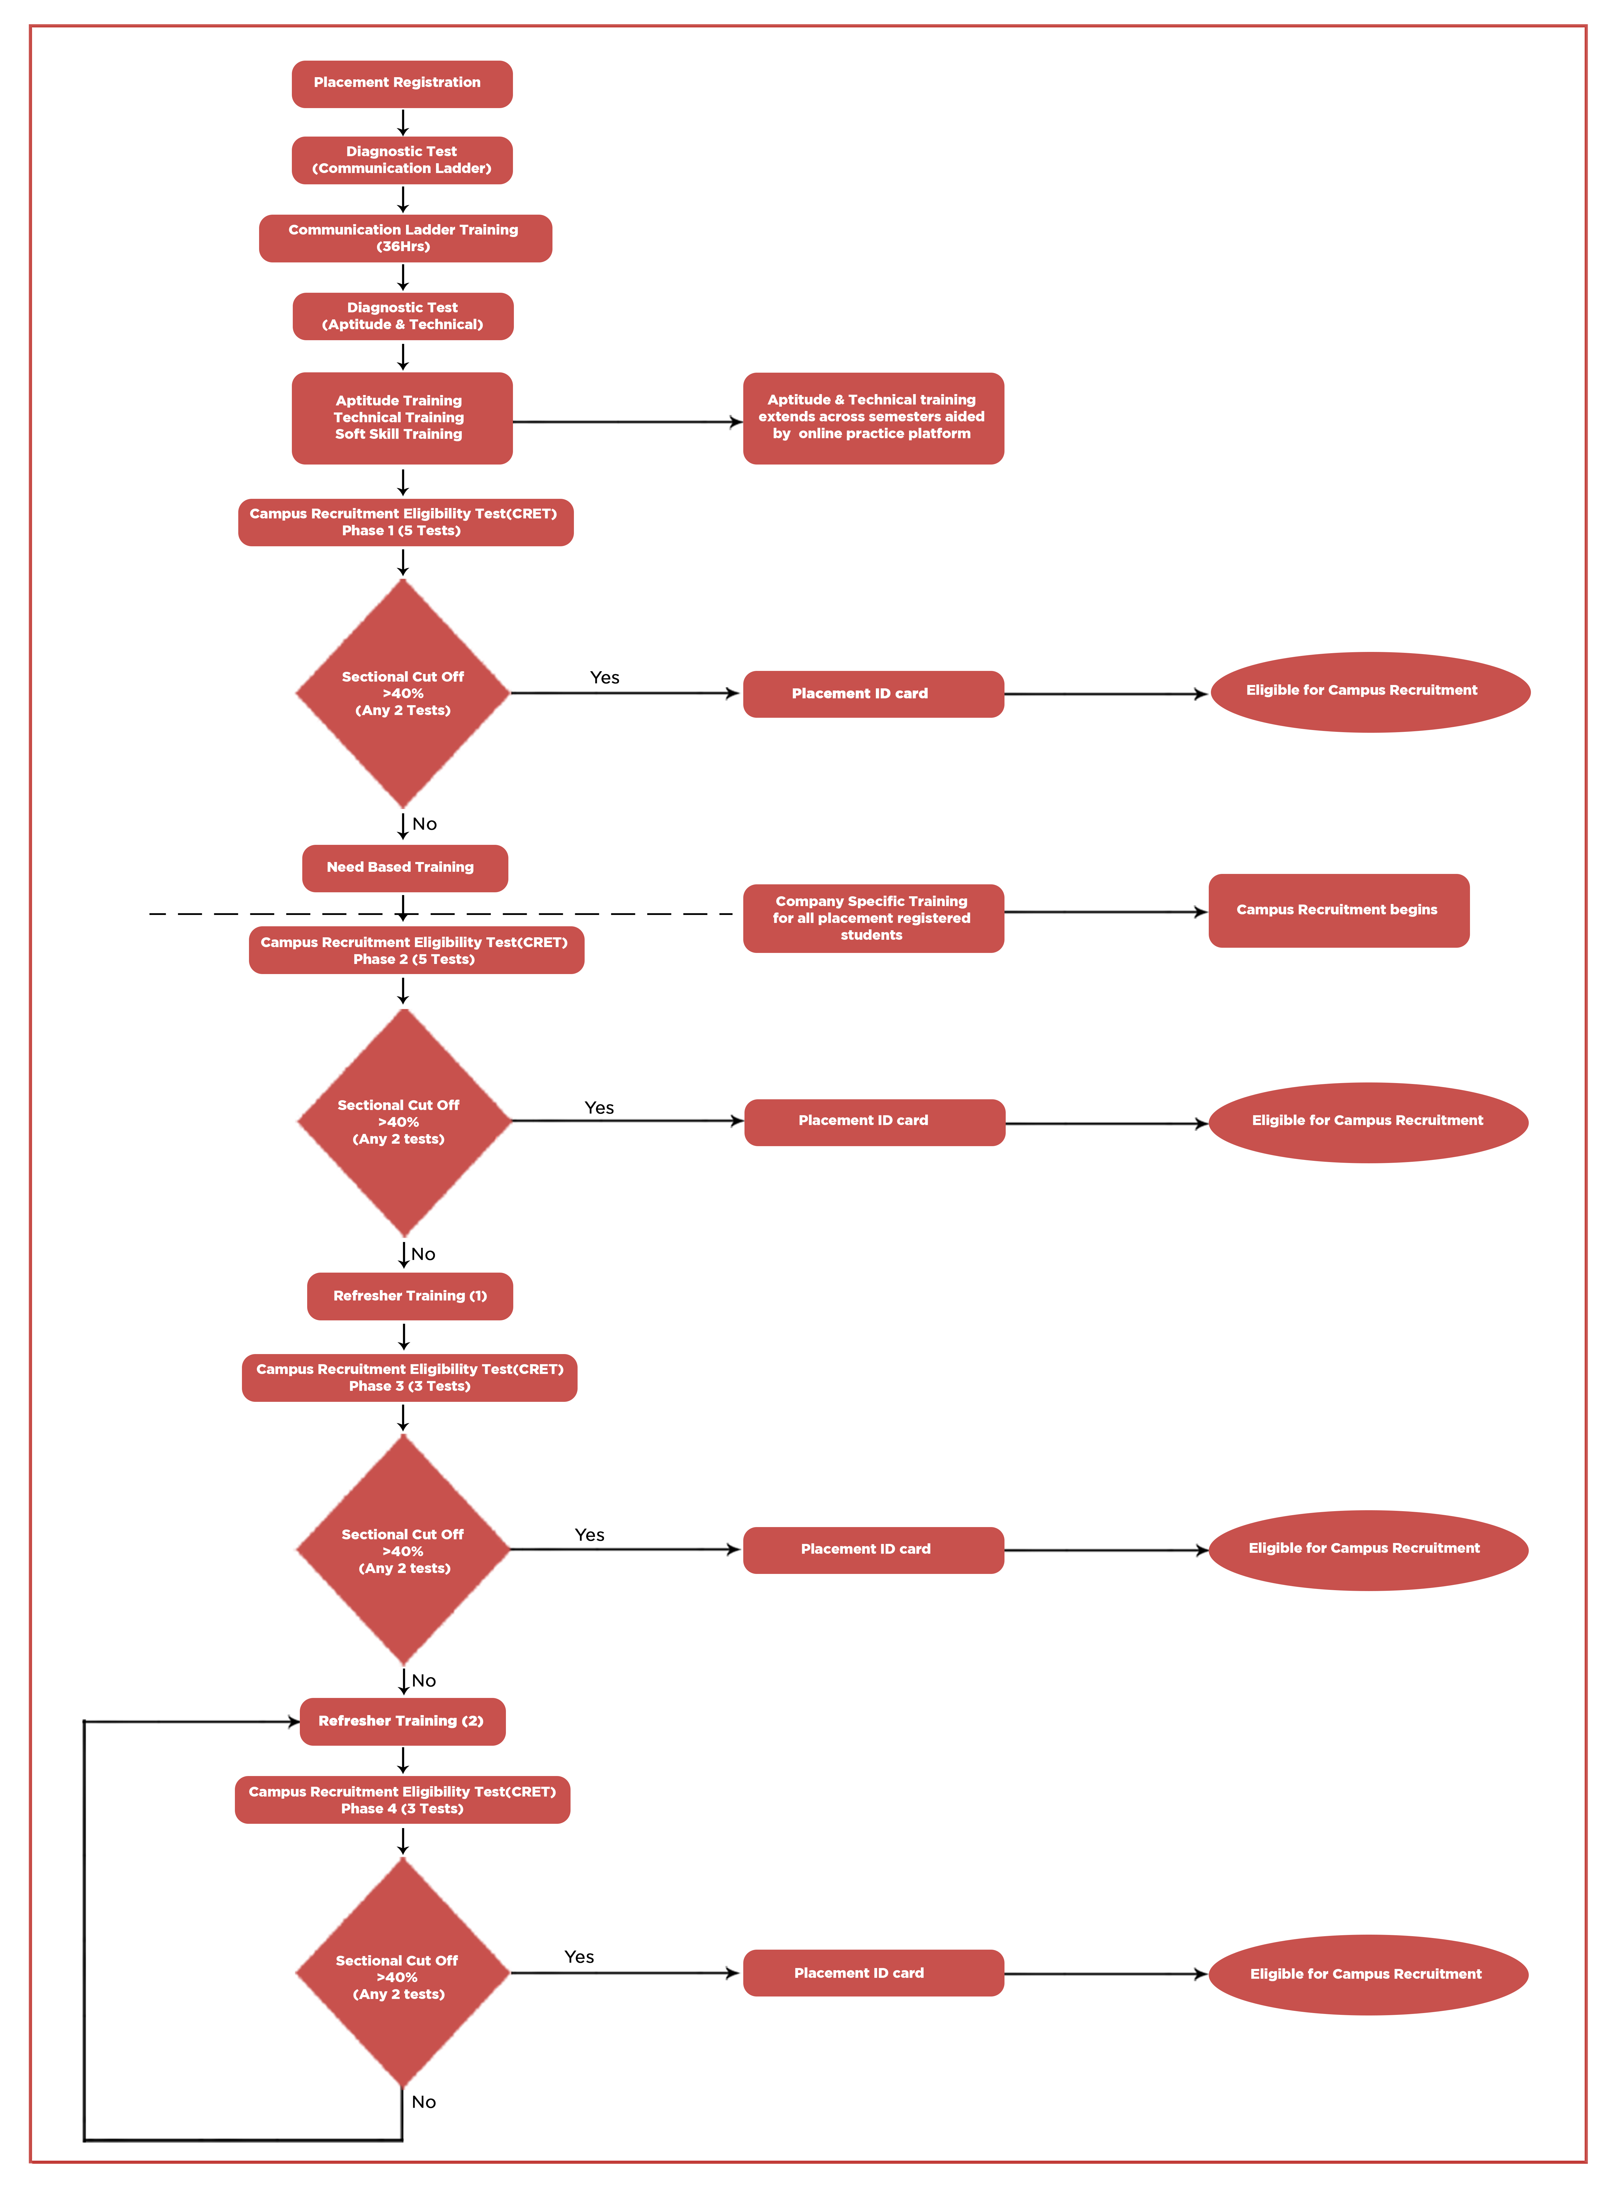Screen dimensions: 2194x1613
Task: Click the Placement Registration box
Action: tap(401, 84)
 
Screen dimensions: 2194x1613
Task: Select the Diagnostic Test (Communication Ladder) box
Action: tap(401, 160)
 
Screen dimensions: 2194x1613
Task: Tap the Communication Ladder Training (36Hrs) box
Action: tap(404, 238)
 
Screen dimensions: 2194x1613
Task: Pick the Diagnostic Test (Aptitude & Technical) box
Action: tap(402, 316)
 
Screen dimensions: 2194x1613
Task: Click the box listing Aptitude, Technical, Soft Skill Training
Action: tap(401, 418)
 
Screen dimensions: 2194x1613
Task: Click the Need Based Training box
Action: tap(404, 868)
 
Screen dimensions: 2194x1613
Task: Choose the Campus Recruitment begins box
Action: tap(1338, 910)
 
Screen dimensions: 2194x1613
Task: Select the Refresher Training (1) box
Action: tap(409, 1297)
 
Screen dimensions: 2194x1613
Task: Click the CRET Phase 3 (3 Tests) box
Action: tap(409, 1378)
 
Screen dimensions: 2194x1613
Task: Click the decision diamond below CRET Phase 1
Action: tap(402, 693)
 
